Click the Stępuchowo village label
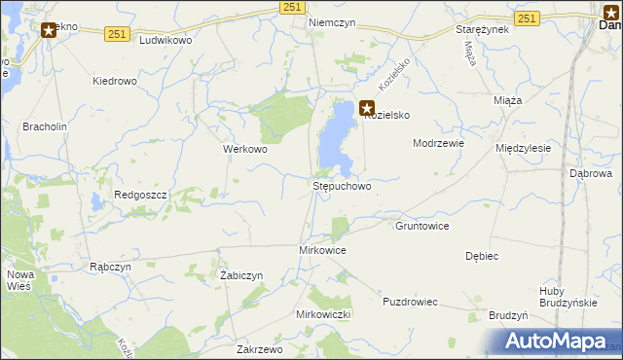pyautogui.click(x=341, y=185)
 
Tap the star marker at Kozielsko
pyautogui.click(x=366, y=109)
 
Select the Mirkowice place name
pyautogui.click(x=321, y=250)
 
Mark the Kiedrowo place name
pyautogui.click(x=114, y=81)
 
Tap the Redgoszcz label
pyautogui.click(x=142, y=195)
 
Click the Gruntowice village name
pyautogui.click(x=421, y=226)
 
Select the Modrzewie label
pyautogui.click(x=438, y=143)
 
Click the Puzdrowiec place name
pyautogui.click(x=413, y=302)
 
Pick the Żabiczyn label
pyautogui.click(x=241, y=275)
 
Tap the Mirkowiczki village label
pyautogui.click(x=322, y=315)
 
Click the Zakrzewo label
pyautogui.click(x=259, y=348)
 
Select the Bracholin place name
pyautogui.click(x=44, y=126)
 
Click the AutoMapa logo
pyautogui.click(x=556, y=341)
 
